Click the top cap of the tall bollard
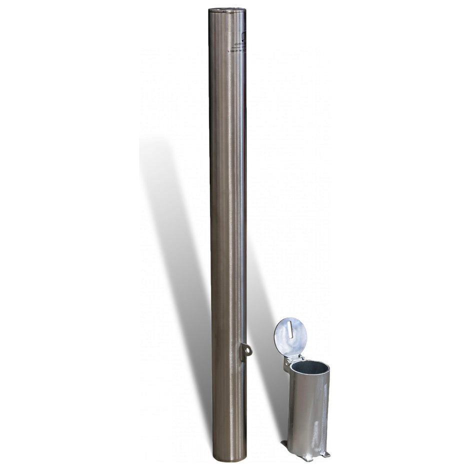[x=227, y=10]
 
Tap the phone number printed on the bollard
[x=237, y=51]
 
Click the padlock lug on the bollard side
[x=245, y=351]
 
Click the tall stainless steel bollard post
[x=227, y=225]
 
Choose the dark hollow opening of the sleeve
[x=309, y=368]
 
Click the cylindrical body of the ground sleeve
[x=308, y=410]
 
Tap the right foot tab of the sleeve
[x=326, y=453]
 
